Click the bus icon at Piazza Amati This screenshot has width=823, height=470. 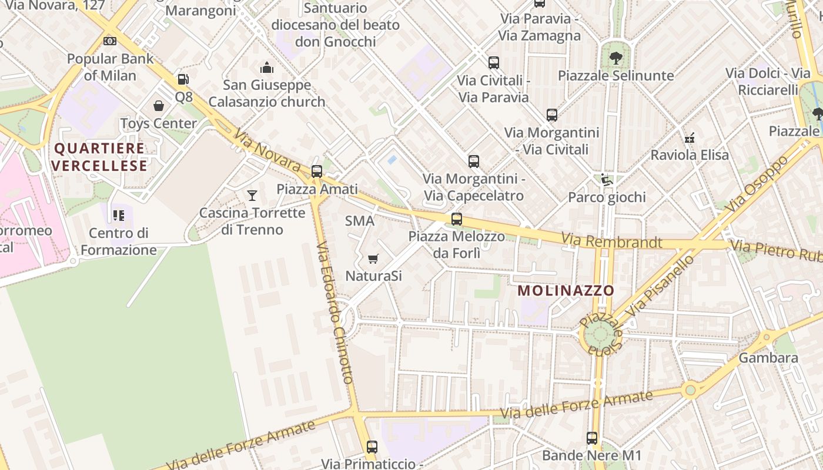click(317, 172)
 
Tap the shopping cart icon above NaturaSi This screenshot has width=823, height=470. click(373, 258)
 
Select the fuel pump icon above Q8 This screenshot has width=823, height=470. click(183, 79)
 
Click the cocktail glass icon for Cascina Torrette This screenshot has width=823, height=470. click(252, 195)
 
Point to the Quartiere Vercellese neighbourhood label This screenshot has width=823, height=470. click(99, 157)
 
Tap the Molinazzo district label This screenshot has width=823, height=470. click(566, 290)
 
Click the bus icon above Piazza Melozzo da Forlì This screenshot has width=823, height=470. click(456, 219)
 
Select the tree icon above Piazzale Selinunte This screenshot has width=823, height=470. click(615, 58)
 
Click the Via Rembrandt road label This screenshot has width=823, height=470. click(611, 241)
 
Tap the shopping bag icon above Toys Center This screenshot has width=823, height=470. click(159, 106)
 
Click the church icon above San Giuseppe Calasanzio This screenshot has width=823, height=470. click(267, 68)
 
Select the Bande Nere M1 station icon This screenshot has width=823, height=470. click(591, 438)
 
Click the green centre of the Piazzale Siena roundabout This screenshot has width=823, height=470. click(600, 335)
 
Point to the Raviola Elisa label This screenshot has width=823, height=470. click(690, 155)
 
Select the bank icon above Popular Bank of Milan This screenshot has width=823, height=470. click(110, 41)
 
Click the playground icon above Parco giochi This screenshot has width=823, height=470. click(605, 180)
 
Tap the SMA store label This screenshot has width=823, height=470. click(360, 221)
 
